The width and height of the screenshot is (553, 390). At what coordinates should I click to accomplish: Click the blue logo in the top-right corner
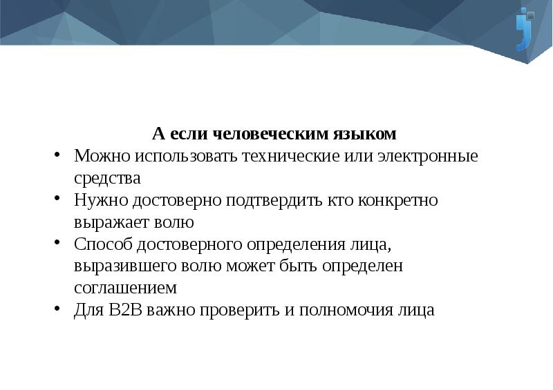pos(526,29)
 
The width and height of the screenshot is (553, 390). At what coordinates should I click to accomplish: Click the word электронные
pos(428,155)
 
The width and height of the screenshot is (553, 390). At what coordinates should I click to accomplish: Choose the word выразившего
pos(122,266)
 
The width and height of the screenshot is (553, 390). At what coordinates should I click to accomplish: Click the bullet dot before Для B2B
pos(58,310)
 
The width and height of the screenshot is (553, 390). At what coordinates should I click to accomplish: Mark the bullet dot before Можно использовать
pos(58,155)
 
